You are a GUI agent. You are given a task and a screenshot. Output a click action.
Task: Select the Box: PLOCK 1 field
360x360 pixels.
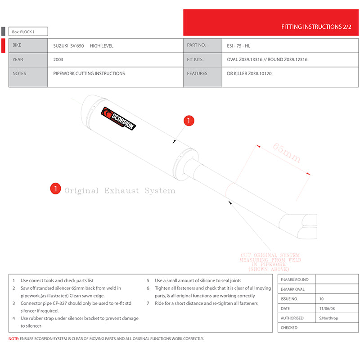click(28, 31)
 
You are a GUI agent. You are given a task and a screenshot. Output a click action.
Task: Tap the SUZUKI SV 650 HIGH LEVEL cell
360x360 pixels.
click(83, 45)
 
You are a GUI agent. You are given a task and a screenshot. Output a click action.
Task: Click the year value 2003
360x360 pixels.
click(58, 59)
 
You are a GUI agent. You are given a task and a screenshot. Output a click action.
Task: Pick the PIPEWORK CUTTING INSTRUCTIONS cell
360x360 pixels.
click(89, 73)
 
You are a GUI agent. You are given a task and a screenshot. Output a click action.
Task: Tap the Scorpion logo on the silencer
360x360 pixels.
click(119, 118)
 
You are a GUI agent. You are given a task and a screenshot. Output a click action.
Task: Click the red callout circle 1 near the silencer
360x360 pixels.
click(189, 121)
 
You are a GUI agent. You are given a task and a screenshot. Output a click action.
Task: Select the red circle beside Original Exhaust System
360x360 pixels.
click(55, 189)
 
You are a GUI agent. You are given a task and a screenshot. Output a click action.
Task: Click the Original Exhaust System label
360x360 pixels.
click(120, 191)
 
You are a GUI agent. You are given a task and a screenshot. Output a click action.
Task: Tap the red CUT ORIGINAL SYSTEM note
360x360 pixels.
click(270, 262)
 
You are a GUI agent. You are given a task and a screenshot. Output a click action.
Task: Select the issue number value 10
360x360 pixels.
click(322, 298)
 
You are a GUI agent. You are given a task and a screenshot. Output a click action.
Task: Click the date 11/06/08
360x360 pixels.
click(328, 308)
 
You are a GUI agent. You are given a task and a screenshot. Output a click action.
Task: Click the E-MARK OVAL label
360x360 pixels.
click(293, 289)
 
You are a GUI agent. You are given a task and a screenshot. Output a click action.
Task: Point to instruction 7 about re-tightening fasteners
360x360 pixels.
click(206, 303)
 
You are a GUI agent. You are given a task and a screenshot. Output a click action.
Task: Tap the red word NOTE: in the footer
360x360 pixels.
click(13, 338)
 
